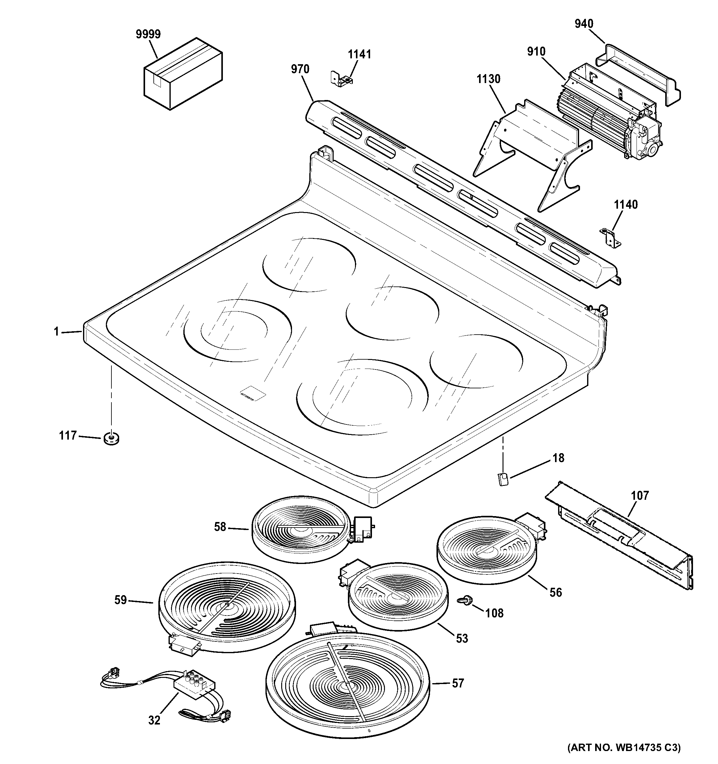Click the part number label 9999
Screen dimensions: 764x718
tap(148, 35)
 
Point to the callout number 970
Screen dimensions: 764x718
tap(300, 69)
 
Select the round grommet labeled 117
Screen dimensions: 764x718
tap(111, 438)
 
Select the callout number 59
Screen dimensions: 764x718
tap(121, 600)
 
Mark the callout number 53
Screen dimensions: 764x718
tap(462, 638)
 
